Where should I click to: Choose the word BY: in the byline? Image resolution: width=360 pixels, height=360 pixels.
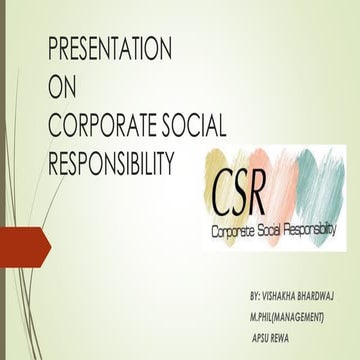[x=259, y=298]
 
